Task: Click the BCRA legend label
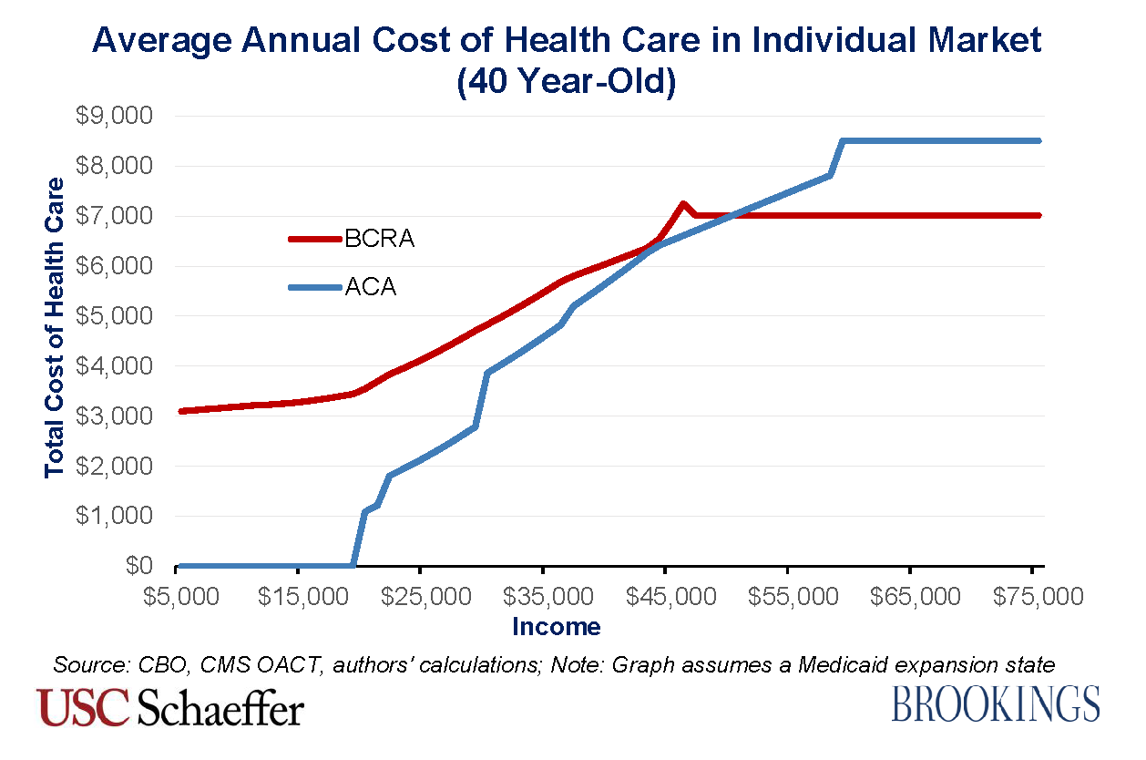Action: tap(380, 240)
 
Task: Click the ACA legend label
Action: tap(371, 289)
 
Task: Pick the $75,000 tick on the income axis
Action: tap(1033, 597)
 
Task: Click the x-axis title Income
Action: tap(557, 627)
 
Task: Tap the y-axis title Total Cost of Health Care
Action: tap(56, 327)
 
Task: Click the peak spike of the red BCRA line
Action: tap(682, 203)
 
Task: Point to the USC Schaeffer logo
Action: tap(170, 708)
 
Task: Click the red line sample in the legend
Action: tap(314, 240)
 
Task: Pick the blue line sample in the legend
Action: tap(314, 289)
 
